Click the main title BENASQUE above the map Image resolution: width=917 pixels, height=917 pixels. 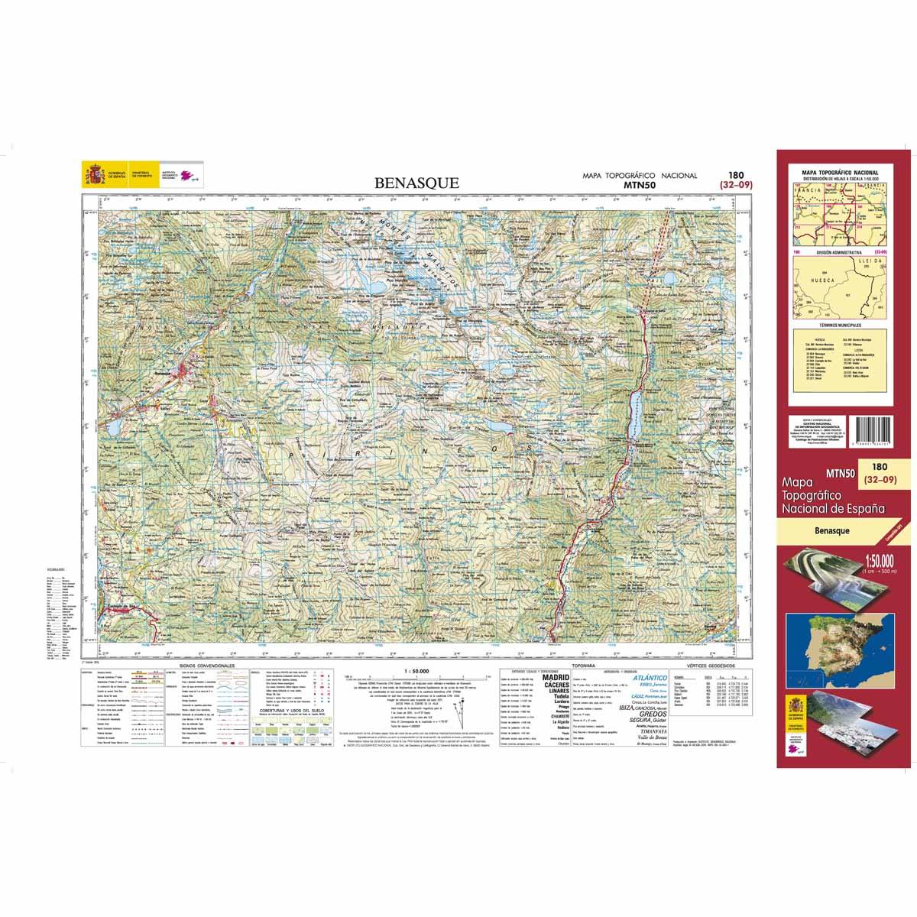click(x=416, y=183)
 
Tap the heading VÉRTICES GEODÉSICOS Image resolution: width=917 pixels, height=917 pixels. click(x=711, y=666)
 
